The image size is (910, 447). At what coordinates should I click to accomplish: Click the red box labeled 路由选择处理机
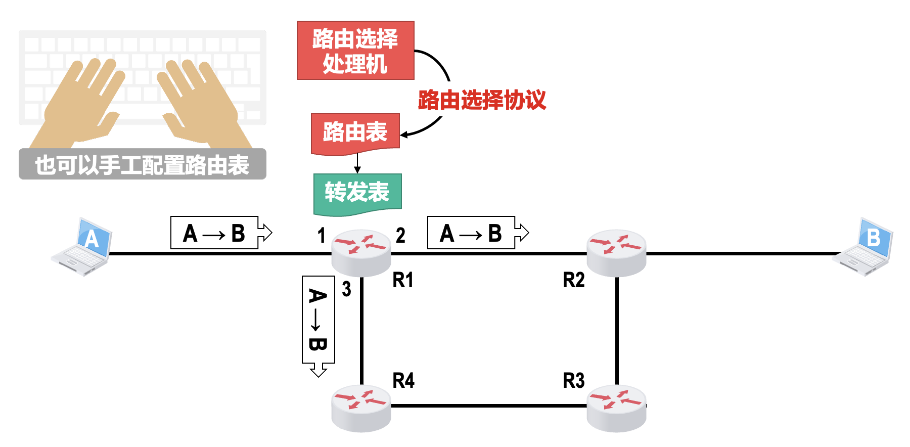pos(355,51)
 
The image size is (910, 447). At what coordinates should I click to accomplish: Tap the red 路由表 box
pos(355,132)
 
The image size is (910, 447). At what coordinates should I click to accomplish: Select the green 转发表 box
pos(357,193)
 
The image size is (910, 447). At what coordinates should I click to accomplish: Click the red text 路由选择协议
pos(482,100)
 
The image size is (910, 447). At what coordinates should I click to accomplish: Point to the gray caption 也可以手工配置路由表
pos(142,164)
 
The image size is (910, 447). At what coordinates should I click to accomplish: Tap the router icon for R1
pos(361,252)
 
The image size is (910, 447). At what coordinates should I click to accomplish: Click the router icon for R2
pos(616,252)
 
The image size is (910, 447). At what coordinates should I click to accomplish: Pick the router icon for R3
pos(616,408)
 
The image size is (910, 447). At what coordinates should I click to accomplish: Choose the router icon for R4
pos(361,408)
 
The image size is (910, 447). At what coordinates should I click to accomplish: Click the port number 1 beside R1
pos(321,236)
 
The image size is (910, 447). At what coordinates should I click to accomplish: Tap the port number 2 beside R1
pos(400,236)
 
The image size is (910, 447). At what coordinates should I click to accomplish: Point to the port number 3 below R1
pos(346,289)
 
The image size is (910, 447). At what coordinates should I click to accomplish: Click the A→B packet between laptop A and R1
pos(215,233)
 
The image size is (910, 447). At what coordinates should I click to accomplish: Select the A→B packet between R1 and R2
pos(472,233)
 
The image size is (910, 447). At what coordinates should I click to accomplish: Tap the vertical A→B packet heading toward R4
pos(318,320)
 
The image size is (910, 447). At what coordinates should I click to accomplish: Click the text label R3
pos(574,381)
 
